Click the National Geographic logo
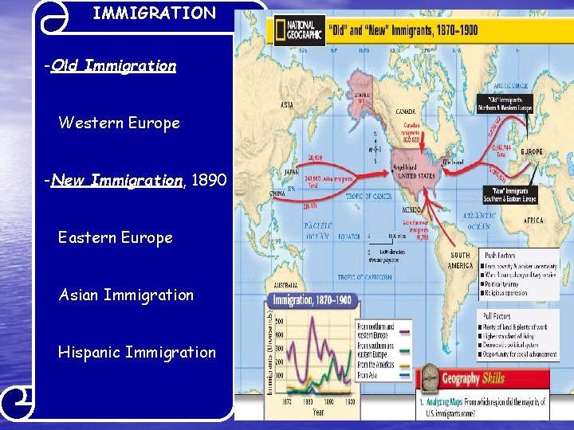coord(299,31)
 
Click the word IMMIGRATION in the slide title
coord(154,13)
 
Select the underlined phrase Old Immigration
coord(112,66)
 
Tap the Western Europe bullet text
coord(119,123)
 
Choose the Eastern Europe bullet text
coord(115,238)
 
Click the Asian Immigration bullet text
coord(126,295)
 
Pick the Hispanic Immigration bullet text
coord(136,353)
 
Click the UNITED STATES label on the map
coord(418,175)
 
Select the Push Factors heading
coord(501,256)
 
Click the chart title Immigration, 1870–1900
coord(312,300)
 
